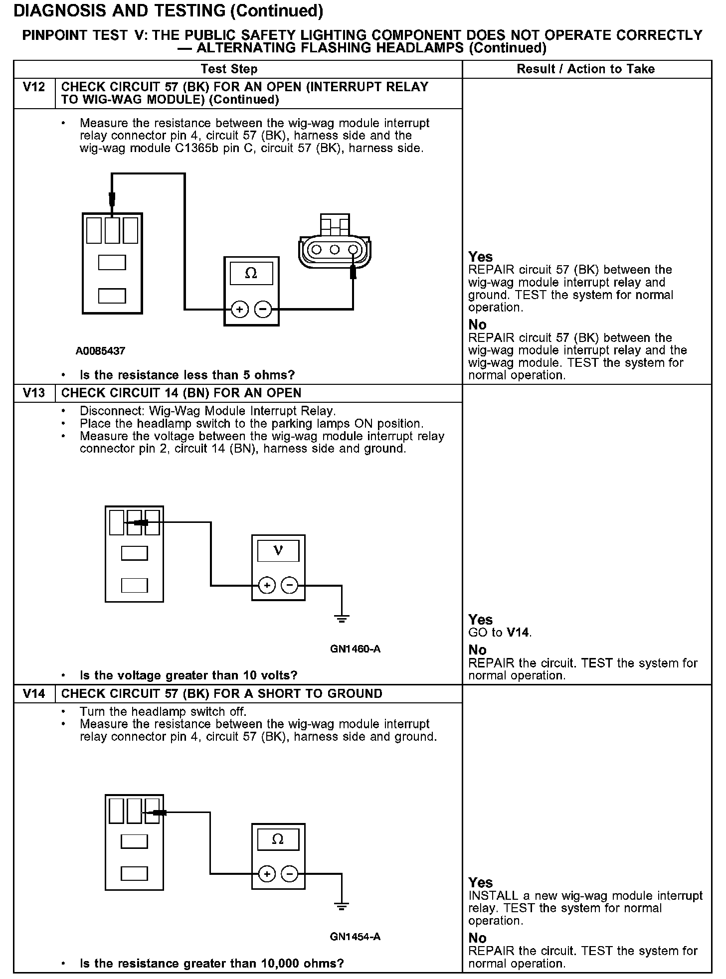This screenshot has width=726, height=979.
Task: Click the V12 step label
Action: (34, 87)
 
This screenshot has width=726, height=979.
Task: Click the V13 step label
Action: (34, 393)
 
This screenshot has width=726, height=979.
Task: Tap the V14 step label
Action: (34, 694)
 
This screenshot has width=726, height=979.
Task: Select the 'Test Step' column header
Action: (229, 69)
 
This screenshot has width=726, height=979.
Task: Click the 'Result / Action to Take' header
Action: (586, 69)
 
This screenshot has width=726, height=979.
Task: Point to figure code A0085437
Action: (100, 351)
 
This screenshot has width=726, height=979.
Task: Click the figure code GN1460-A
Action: (355, 649)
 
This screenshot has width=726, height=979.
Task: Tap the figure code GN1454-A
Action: (355, 937)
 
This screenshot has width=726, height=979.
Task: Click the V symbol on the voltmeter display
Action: (278, 551)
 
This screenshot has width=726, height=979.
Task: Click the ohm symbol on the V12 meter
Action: (251, 273)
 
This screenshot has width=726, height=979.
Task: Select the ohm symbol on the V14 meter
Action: (278, 839)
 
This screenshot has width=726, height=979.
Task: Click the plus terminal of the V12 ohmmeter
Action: (240, 310)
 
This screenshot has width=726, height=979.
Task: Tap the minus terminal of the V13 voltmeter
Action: (290, 585)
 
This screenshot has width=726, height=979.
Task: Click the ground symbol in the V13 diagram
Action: (342, 619)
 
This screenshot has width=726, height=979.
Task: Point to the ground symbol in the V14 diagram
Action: (342, 907)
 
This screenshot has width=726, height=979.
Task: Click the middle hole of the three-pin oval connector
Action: (335, 249)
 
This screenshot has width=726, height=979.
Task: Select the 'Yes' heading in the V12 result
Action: (480, 257)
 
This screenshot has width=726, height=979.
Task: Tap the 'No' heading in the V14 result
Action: (477, 938)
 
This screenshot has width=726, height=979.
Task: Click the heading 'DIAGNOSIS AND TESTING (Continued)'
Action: (168, 11)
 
